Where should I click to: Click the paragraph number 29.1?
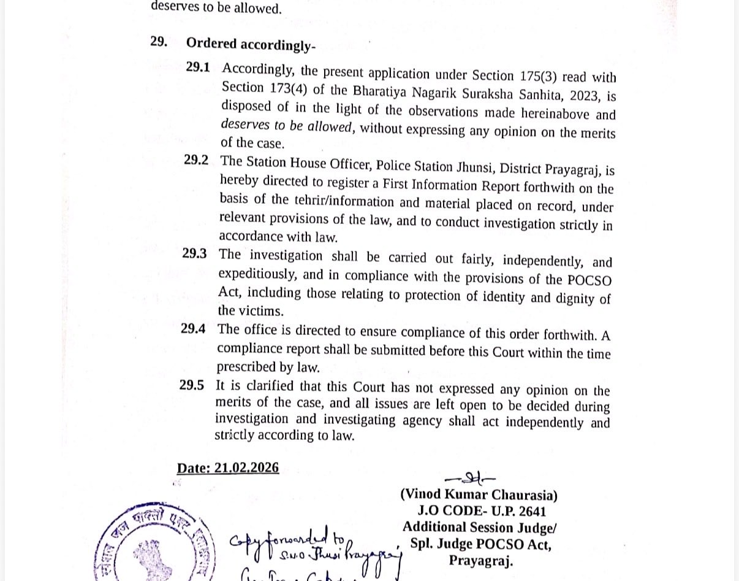point(198,67)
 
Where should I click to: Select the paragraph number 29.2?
point(196,160)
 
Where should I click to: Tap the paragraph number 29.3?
point(194,253)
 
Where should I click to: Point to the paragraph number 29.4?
point(193,328)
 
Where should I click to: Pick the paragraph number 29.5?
point(192,385)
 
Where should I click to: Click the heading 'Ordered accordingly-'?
point(251,44)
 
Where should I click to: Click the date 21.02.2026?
point(246,468)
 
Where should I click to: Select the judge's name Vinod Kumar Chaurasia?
point(479,495)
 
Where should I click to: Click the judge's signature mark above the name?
point(470,479)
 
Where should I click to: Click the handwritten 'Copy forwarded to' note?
point(282,540)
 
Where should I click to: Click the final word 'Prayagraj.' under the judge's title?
point(480,560)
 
